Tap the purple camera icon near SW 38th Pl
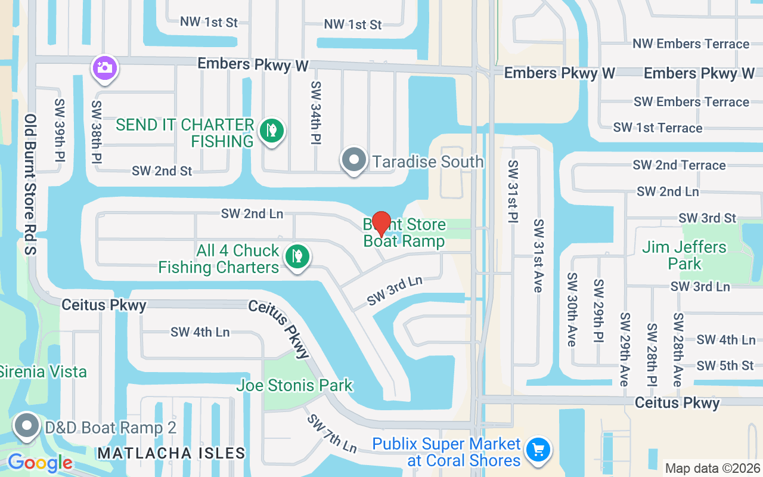pyautogui.click(x=105, y=67)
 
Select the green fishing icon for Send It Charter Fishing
pyautogui.click(x=272, y=130)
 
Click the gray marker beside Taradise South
pyautogui.click(x=355, y=160)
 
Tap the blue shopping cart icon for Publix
pyautogui.click(x=538, y=450)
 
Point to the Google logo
pyautogui.click(x=40, y=463)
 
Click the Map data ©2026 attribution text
pyautogui.click(x=713, y=469)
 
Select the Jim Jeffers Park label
pyautogui.click(x=684, y=255)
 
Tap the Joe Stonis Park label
pyautogui.click(x=294, y=385)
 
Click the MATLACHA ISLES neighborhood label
pyautogui.click(x=171, y=453)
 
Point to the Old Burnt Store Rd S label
pyautogui.click(x=31, y=185)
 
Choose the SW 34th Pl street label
pyautogui.click(x=316, y=113)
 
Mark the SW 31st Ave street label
pyautogui.click(x=538, y=256)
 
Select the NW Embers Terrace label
pyautogui.click(x=691, y=44)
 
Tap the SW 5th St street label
pyautogui.click(x=725, y=365)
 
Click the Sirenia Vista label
pyautogui.click(x=43, y=371)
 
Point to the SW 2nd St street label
pyautogui.click(x=162, y=171)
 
